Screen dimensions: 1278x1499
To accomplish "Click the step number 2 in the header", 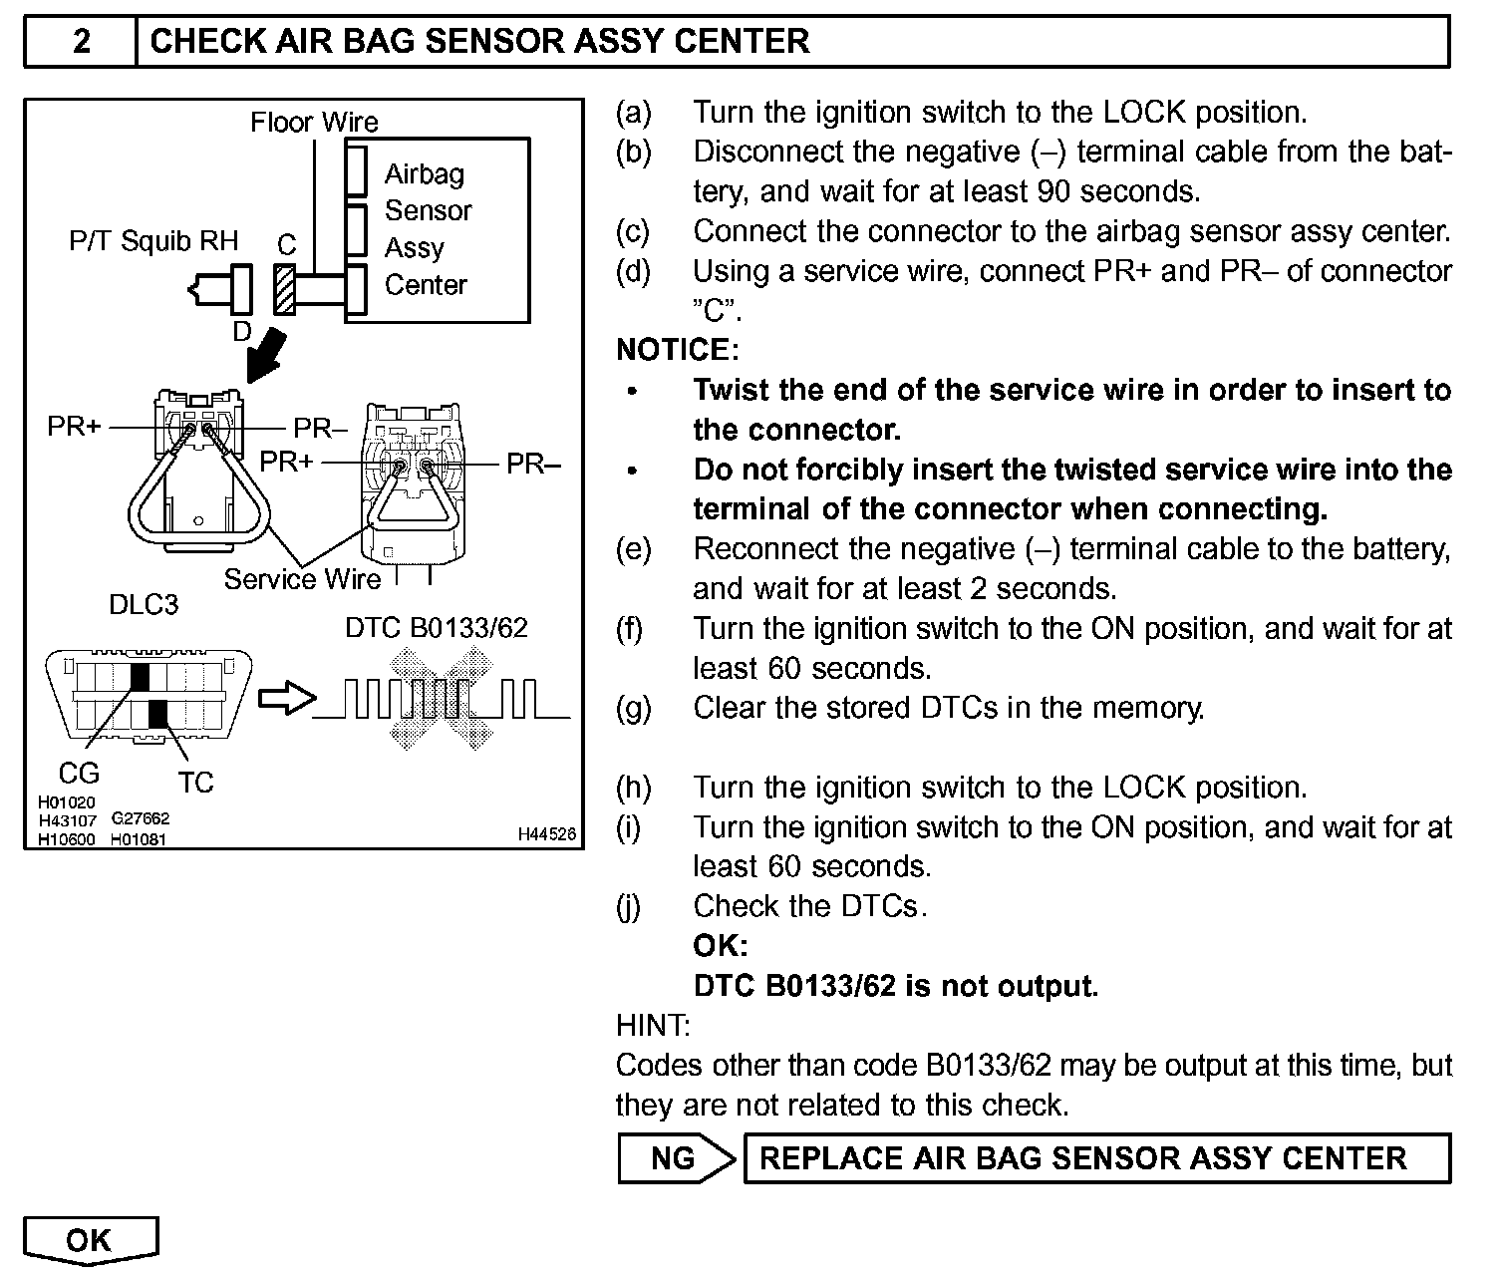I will tap(81, 41).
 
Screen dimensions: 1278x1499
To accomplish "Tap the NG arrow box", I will tap(676, 1158).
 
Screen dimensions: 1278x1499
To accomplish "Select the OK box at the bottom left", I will tap(90, 1240).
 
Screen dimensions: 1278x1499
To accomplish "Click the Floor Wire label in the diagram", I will tap(314, 123).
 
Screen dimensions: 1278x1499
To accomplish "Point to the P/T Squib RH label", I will tap(153, 241).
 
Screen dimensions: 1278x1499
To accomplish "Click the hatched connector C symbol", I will tap(285, 289).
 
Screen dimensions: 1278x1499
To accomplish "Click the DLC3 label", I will tap(144, 605).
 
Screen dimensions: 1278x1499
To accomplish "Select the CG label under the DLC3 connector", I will tap(80, 773).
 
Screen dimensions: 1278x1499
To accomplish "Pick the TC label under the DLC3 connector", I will tap(196, 783).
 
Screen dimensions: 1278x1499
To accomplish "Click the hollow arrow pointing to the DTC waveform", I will tap(286, 699).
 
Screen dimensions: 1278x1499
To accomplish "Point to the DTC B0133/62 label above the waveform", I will tap(437, 628).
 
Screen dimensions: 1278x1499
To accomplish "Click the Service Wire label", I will tap(302, 579).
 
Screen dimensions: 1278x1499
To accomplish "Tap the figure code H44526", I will tap(546, 834).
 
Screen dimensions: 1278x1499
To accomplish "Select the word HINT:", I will tap(653, 1025).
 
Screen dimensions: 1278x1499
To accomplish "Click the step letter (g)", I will tap(633, 708).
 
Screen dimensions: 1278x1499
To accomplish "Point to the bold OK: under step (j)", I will tap(721, 945).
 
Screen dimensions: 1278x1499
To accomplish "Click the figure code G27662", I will tap(141, 818).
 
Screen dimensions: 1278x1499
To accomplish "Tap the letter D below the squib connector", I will tap(241, 332).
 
